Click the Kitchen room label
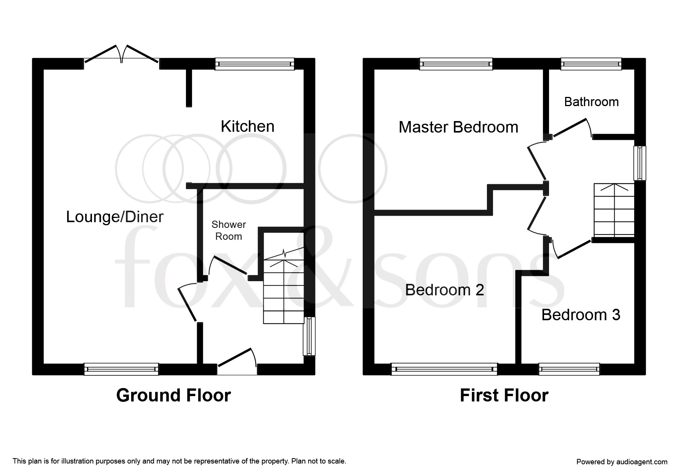point(247,126)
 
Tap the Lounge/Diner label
point(115,217)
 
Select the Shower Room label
point(229,230)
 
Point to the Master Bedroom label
point(458,127)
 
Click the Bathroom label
point(591,102)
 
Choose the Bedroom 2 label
point(444,290)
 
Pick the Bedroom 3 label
point(580,315)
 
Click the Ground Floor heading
point(173,395)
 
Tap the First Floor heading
point(504,395)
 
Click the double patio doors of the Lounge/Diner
point(122,56)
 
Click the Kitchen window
point(254,64)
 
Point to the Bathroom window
point(591,64)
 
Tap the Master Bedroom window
point(456,64)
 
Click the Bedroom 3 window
point(569,369)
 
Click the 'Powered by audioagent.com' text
point(621,462)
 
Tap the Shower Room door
point(229,265)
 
